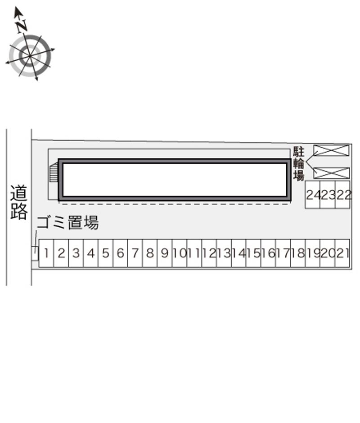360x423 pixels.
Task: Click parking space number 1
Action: tap(46, 253)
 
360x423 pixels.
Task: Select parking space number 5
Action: tap(105, 253)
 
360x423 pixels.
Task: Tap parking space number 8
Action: tap(150, 253)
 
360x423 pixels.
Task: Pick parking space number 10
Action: tap(180, 253)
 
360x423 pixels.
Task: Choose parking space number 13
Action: tap(224, 253)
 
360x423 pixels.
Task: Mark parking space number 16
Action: tap(268, 253)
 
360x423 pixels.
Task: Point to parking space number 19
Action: tap(313, 253)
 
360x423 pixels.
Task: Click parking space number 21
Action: tap(342, 253)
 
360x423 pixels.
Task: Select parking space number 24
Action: tap(313, 194)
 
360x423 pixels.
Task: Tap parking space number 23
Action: tap(328, 194)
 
